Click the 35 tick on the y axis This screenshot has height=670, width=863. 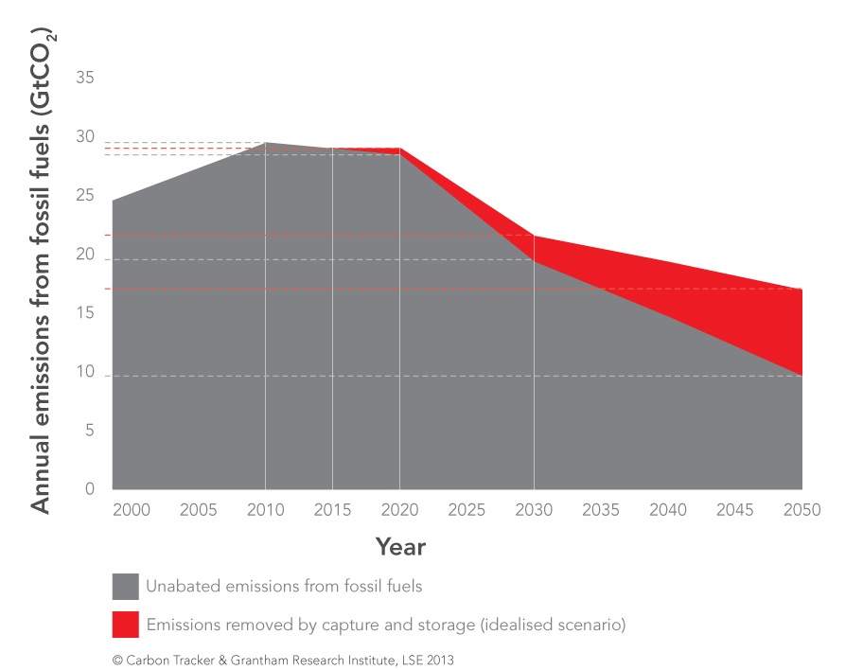85,79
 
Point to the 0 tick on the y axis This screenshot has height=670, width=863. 90,489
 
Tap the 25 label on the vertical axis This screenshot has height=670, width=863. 85,196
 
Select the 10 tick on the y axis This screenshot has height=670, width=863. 85,372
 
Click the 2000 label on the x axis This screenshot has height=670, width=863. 132,510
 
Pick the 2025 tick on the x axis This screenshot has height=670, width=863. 467,510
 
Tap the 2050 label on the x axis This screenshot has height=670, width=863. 801,510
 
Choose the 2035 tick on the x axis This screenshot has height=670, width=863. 601,510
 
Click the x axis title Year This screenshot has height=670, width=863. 400,547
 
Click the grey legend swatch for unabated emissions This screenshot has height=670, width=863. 125,586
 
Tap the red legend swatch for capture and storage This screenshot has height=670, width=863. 125,624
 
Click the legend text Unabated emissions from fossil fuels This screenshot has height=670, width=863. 284,586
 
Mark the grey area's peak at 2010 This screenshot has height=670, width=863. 266,143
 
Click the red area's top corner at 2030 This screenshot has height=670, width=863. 535,236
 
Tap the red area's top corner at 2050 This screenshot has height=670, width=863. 801,290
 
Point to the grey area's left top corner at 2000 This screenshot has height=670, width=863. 114,202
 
